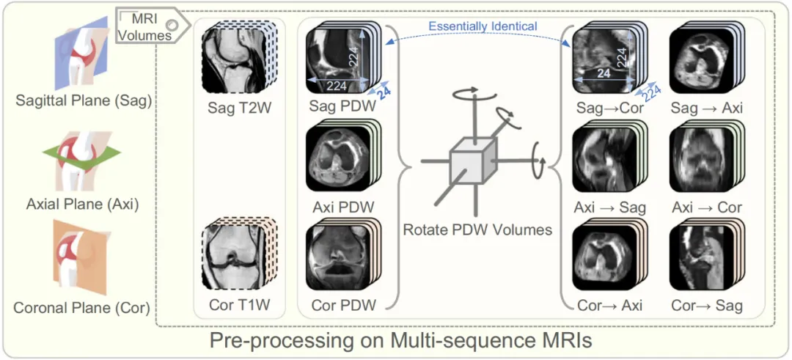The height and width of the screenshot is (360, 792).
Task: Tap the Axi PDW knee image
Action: (334, 158)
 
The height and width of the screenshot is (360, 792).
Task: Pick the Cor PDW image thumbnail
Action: (334, 257)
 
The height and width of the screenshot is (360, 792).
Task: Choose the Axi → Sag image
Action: (603, 158)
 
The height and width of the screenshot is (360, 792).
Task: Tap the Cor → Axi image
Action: (603, 257)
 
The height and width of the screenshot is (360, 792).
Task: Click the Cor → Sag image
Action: (700, 257)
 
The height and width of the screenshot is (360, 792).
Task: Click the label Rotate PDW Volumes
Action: (477, 229)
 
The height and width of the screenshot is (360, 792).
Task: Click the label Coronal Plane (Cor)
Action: (81, 308)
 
